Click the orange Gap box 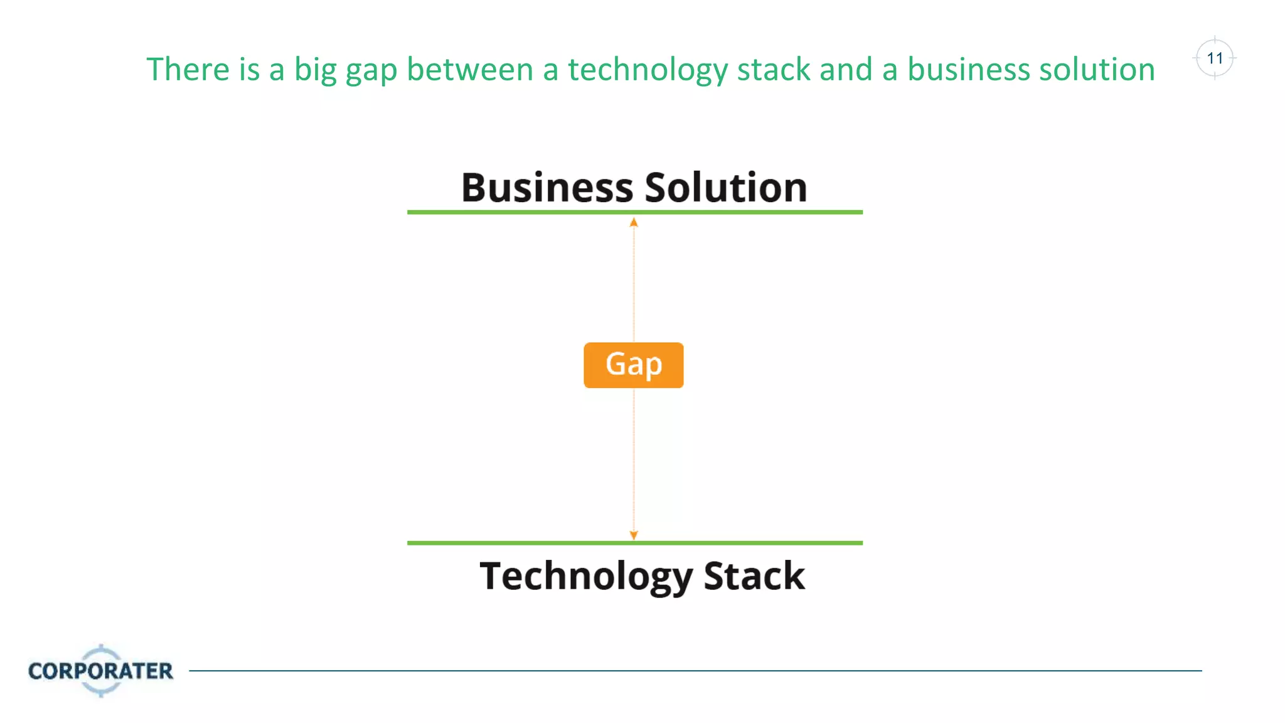click(633, 365)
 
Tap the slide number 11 click(1215, 58)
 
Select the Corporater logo click(100, 670)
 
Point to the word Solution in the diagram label click(726, 188)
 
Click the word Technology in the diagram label click(585, 576)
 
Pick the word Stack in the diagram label click(754, 576)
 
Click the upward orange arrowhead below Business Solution click(634, 223)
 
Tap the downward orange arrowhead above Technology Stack click(634, 535)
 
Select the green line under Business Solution click(634, 212)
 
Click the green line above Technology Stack click(634, 543)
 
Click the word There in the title click(188, 69)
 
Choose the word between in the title click(470, 69)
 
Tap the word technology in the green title click(648, 70)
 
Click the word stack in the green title click(773, 69)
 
